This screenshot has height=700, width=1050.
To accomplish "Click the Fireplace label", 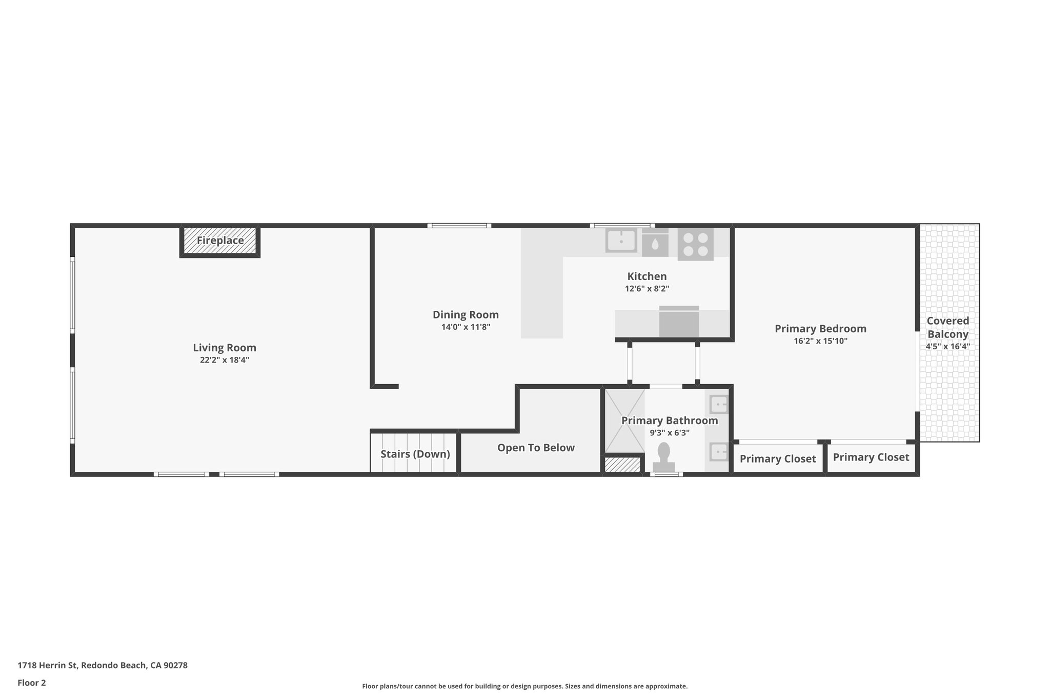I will click(220, 241).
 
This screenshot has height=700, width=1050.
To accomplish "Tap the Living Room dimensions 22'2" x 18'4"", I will click(225, 360).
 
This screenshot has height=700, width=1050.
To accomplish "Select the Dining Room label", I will click(466, 315).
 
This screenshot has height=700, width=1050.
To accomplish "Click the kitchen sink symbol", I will click(621, 240).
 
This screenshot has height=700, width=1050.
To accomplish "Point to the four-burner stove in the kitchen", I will click(696, 244).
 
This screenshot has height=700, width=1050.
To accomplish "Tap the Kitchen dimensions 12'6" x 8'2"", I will click(647, 289).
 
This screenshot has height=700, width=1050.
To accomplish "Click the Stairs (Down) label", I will click(415, 454).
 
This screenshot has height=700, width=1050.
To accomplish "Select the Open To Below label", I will click(536, 448).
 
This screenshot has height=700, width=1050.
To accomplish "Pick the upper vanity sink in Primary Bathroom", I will click(718, 404).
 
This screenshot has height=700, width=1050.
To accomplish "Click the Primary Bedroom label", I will click(820, 329).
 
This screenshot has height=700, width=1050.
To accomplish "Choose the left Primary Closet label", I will click(778, 458).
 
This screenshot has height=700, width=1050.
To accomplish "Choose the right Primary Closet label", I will click(871, 457).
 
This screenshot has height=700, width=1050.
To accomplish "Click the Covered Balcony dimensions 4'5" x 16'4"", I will click(947, 347).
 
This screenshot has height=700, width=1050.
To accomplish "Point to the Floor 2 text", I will click(32, 683).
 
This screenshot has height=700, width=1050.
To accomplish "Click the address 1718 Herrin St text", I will click(103, 665).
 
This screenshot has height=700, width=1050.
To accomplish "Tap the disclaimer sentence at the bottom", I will click(524, 686).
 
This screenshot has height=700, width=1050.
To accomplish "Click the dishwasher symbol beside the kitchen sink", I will click(655, 243).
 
